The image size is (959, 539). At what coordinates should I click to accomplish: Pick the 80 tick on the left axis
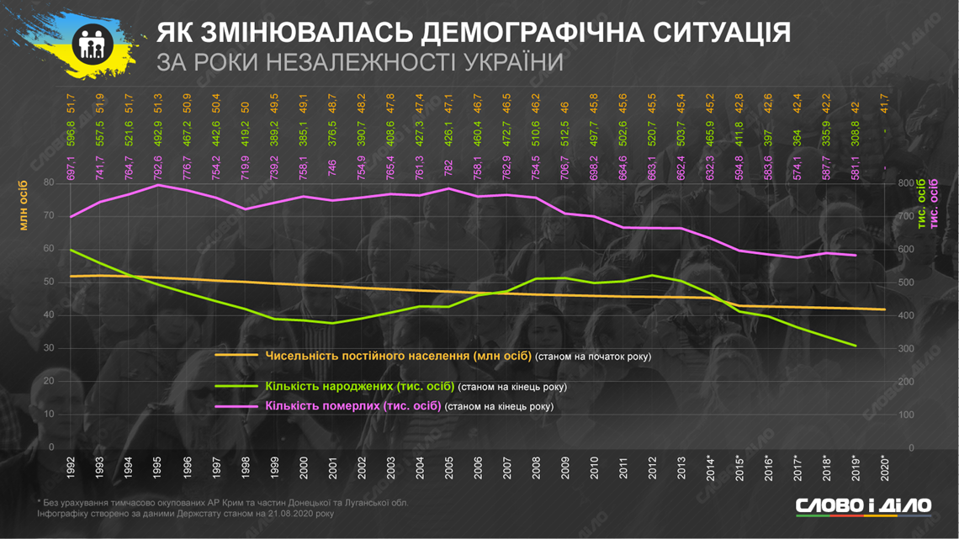48,182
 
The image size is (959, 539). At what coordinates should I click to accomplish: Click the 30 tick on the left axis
48,348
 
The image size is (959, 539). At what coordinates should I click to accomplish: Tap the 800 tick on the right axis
905,182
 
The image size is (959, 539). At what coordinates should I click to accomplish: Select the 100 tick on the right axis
905,415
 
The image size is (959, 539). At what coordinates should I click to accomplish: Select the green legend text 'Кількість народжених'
359,387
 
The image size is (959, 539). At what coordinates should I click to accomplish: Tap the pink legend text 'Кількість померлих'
352,406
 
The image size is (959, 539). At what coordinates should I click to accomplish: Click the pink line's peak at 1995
158,185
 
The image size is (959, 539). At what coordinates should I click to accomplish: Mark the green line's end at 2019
856,345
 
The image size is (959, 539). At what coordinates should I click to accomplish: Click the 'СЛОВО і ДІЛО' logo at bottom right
864,505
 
